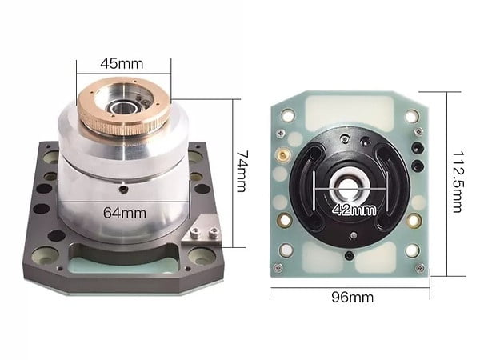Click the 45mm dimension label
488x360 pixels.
click(x=122, y=64)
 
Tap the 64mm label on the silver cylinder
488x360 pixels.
click(x=125, y=213)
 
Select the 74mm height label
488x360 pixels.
click(x=242, y=171)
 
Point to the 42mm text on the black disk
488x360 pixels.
click(x=354, y=210)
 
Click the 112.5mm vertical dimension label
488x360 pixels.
click(x=458, y=182)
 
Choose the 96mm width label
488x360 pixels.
click(x=352, y=298)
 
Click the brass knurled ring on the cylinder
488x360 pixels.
click(x=124, y=106)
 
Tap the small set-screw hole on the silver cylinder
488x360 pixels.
click(x=124, y=189)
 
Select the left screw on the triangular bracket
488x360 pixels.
click(x=195, y=231)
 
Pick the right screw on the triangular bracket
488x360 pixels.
click(x=213, y=232)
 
